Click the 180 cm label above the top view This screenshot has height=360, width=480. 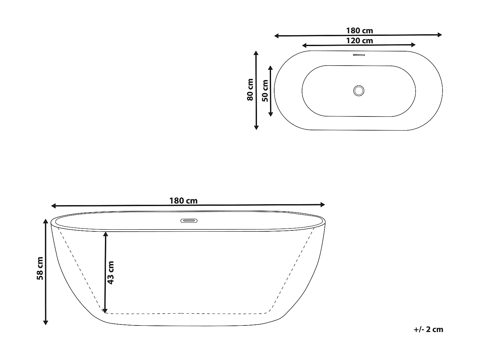click(x=359, y=31)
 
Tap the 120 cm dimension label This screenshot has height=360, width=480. click(x=359, y=41)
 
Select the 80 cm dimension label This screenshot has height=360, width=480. click(x=250, y=90)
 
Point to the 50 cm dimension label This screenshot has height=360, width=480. click(x=265, y=91)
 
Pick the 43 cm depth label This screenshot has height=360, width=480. click(x=110, y=272)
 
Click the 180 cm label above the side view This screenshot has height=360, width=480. click(x=183, y=201)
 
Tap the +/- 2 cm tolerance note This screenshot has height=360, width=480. click(x=428, y=329)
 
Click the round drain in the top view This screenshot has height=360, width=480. click(x=359, y=90)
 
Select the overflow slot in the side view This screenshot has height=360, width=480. click(x=189, y=220)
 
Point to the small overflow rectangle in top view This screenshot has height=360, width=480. click(x=359, y=55)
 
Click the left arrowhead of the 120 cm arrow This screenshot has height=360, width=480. click(x=304, y=45)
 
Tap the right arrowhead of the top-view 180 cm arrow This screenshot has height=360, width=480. click(x=440, y=35)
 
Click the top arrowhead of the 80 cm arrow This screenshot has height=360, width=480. click(x=256, y=53)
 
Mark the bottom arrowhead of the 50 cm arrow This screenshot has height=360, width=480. click(x=271, y=114)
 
